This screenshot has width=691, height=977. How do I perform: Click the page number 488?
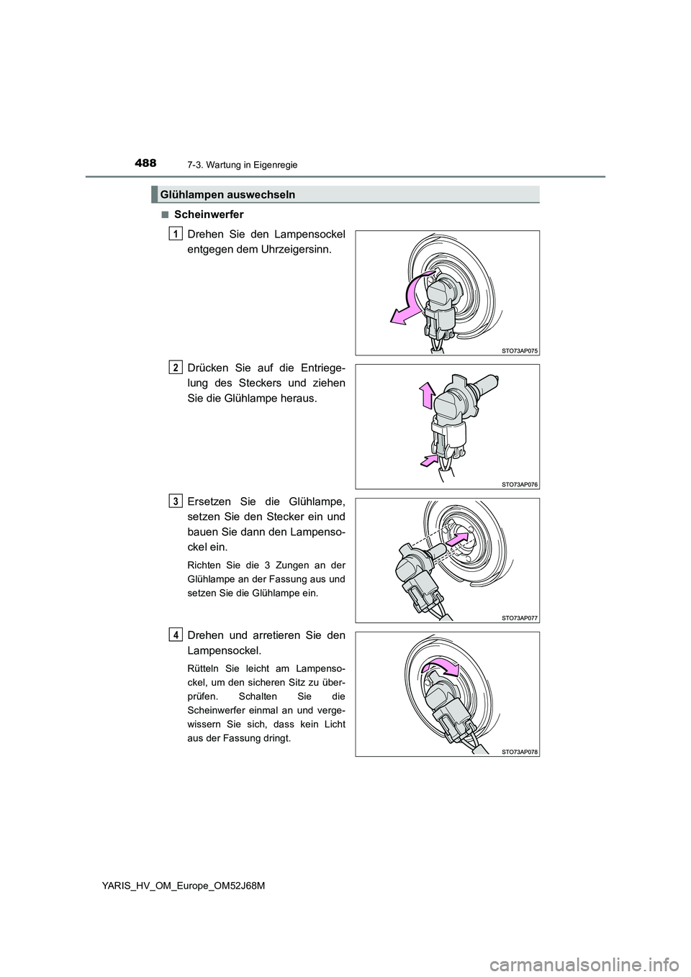(145, 163)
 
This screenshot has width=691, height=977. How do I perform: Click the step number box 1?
(176, 232)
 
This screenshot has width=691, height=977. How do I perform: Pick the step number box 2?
(176, 367)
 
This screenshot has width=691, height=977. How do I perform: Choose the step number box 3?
(176, 500)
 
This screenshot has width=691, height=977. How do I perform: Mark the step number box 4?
(176, 634)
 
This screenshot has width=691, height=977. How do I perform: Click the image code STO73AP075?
(520, 350)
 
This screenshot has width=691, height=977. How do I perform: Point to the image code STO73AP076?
(520, 484)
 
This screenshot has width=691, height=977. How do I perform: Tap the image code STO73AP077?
(520, 617)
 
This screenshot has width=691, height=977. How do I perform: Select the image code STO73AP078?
(520, 751)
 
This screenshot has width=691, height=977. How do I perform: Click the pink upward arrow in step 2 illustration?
(426, 396)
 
